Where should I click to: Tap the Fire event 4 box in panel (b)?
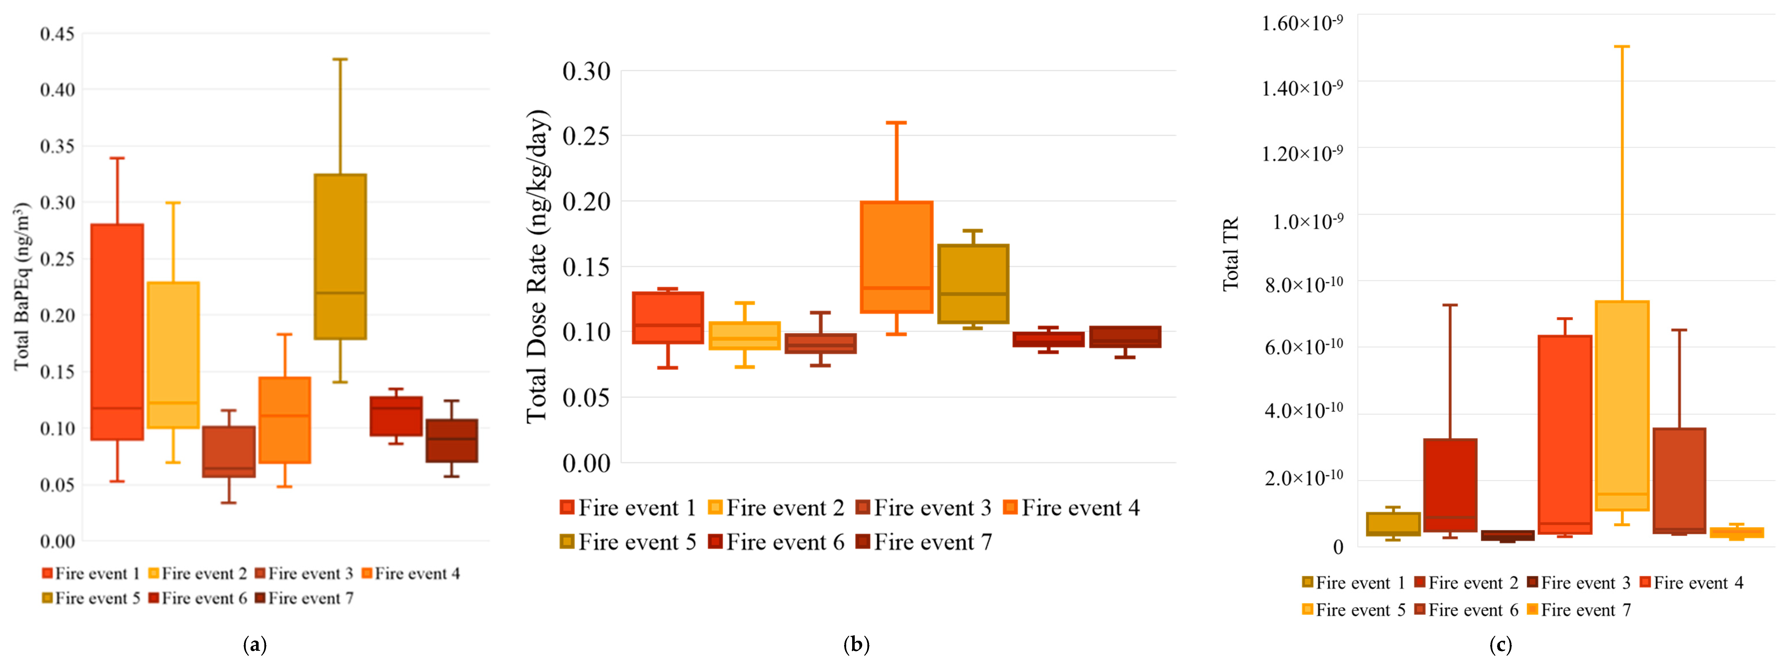coord(896,257)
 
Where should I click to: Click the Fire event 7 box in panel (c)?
coord(1736,533)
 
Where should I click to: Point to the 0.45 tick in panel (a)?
coord(57,33)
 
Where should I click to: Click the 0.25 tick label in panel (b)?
coord(586,135)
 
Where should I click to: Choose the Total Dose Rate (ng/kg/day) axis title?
coord(537,266)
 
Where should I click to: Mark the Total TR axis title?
coord(1231,254)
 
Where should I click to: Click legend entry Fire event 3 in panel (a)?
coord(304,574)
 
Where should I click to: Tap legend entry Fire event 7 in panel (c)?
coord(1578,610)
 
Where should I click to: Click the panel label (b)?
coord(856,644)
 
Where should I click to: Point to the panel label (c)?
coord(1500,644)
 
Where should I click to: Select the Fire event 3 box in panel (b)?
coord(820,343)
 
